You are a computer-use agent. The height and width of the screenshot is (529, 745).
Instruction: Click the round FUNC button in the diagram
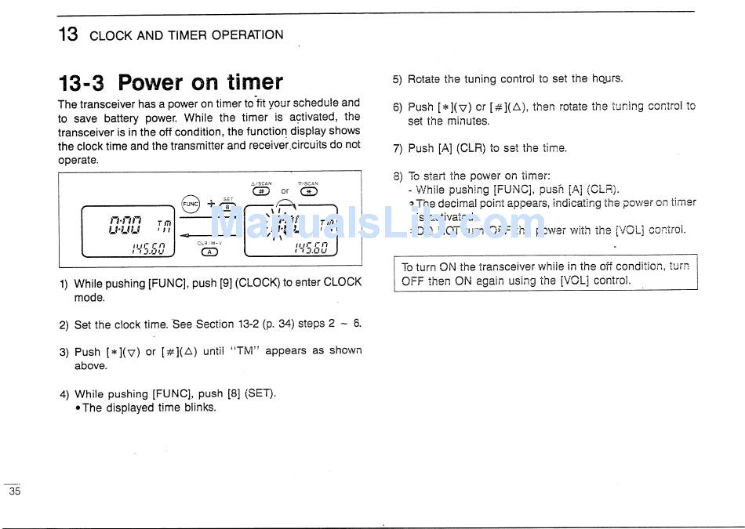[191, 204]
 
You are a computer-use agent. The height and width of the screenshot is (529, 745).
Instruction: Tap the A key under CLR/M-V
[209, 252]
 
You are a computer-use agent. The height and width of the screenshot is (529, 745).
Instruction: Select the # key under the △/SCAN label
[261, 190]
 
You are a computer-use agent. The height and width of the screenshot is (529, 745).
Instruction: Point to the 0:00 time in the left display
[125, 226]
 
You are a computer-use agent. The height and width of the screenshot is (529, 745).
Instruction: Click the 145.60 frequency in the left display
[147, 248]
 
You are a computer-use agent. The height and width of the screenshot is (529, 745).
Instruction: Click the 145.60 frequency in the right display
[311, 248]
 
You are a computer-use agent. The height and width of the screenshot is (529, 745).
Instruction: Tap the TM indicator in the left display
[164, 226]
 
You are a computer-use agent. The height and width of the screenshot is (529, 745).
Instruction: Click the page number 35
[14, 492]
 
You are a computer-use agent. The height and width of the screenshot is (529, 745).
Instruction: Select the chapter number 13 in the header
[68, 34]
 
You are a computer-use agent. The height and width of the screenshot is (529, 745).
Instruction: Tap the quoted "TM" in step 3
[245, 351]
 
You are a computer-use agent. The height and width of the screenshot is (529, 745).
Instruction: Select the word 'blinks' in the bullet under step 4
[199, 408]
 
